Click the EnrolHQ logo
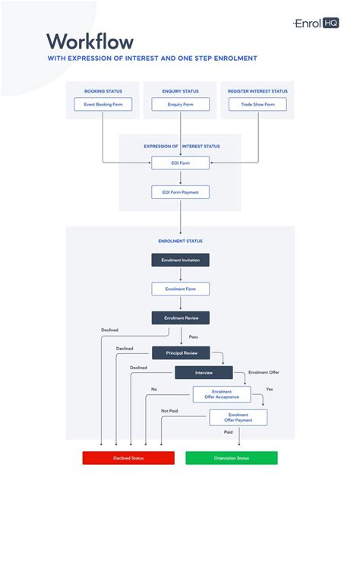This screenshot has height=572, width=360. (x=316, y=24)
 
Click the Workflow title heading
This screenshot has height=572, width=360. (x=90, y=41)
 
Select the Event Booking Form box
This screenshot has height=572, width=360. (x=103, y=105)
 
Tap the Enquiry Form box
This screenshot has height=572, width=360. (x=180, y=105)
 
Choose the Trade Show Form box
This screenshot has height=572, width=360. (x=257, y=105)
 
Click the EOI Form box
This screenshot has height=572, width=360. (x=180, y=163)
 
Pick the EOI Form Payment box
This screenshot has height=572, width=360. (x=180, y=192)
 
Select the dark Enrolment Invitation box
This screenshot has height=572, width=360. (x=180, y=260)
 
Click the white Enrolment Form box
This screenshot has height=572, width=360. (x=180, y=289)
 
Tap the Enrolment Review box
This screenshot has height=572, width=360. (x=180, y=318)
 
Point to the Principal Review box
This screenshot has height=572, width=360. (x=180, y=352)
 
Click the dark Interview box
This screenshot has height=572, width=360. (x=204, y=373)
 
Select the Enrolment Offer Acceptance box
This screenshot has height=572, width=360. (x=221, y=393)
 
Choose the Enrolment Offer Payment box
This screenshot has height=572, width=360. (x=238, y=417)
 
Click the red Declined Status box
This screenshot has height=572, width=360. (x=128, y=458)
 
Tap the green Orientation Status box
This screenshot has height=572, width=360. (x=232, y=458)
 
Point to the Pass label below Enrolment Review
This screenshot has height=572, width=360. (x=193, y=336)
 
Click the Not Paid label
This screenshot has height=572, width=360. (x=169, y=411)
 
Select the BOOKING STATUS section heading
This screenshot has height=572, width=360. (x=103, y=91)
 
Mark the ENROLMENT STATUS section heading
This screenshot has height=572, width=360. (x=180, y=242)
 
